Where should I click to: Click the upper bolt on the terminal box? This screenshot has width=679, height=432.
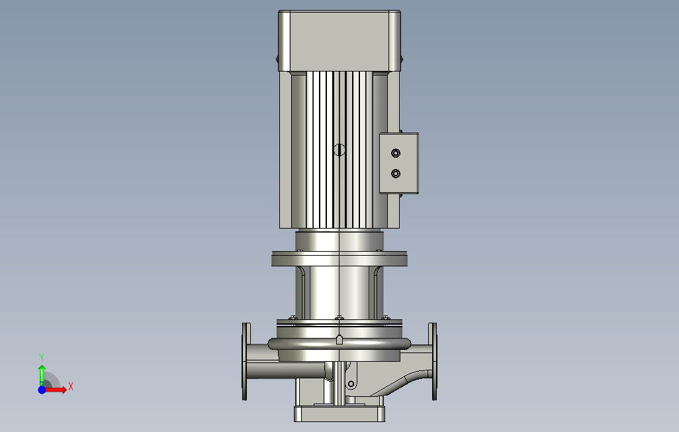395,153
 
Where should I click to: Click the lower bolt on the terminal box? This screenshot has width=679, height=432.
395,174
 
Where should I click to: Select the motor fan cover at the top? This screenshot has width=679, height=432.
339,41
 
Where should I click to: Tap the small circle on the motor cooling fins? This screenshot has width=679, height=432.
339,150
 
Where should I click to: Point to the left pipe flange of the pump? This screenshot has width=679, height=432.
246,361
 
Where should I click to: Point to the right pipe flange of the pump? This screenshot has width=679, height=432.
433,361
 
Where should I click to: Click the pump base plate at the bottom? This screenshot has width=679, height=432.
339,414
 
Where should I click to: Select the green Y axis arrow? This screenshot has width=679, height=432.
42,375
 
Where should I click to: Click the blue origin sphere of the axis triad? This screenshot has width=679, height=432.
42,390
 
